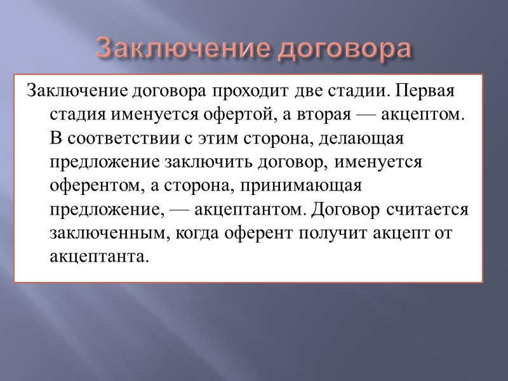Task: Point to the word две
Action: point(307,91)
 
